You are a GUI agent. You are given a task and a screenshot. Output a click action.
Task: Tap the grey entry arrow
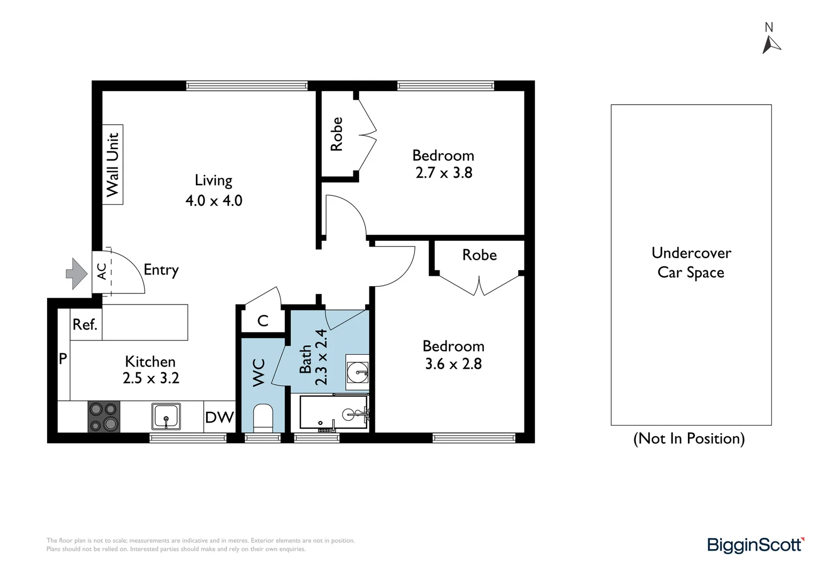coord(77,274)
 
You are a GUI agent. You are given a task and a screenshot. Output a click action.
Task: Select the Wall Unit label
coord(112,165)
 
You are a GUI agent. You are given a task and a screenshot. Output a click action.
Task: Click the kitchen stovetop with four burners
coord(104,417)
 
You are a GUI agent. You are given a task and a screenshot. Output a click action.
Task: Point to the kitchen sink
coord(166,416)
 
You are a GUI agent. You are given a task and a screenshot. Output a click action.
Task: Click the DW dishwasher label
coord(219,417)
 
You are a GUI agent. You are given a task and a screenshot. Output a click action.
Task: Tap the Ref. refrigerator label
coord(85,324)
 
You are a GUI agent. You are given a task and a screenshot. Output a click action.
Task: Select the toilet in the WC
coord(263,418)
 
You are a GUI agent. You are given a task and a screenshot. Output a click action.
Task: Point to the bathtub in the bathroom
coord(334,412)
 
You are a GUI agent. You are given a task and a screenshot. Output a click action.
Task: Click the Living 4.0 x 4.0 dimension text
coord(214,190)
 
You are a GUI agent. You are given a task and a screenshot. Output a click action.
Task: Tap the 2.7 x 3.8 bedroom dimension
coord(444,173)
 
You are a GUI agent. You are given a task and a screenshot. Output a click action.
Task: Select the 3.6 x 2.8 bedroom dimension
coord(453,364)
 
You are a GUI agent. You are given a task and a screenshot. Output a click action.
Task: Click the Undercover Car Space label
coord(691,263)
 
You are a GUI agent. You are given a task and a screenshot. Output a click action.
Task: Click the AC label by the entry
coord(102,271)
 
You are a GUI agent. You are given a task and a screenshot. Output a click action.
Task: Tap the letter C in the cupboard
coord(263,321)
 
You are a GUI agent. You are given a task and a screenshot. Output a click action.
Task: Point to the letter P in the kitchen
coord(63,359)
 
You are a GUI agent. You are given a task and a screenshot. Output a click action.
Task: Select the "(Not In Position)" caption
coord(689,438)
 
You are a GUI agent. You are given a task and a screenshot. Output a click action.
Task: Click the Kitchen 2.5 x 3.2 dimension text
coord(151,369)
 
